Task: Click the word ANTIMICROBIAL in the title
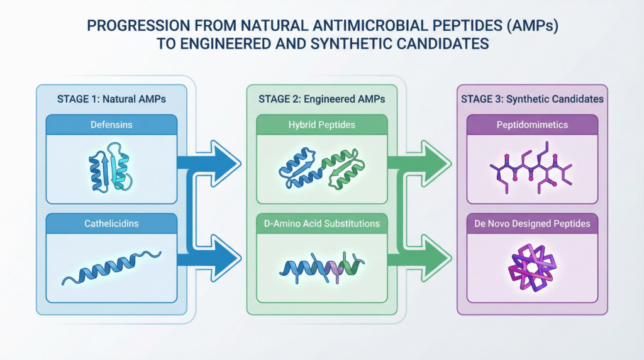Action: [x=365, y=27]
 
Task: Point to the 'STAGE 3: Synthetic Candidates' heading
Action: [x=532, y=99]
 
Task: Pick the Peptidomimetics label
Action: [x=532, y=125]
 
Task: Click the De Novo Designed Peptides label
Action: [x=532, y=223]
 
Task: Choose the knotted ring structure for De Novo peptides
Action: [x=532, y=267]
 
